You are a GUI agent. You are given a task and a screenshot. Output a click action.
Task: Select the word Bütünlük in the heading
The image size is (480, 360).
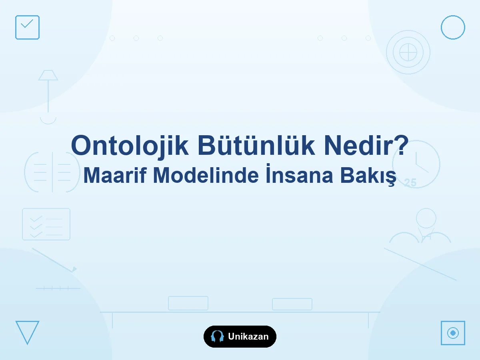pos(256,145)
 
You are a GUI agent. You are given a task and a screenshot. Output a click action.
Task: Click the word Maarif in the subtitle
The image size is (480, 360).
pos(115,175)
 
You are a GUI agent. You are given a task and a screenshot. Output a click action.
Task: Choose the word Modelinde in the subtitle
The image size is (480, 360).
pos(206,175)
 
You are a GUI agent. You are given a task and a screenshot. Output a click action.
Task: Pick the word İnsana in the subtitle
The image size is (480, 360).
pos(299,174)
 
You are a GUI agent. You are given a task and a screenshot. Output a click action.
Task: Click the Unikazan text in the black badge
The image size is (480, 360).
pos(248,337)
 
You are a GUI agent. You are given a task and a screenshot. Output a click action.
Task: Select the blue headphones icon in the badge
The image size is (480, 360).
pos(217,336)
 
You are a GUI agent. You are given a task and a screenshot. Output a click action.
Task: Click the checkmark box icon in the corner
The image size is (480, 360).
pos(27,27)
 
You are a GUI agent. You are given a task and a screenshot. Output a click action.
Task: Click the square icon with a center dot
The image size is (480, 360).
pos(453,333)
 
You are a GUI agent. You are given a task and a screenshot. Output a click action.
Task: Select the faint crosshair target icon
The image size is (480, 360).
pos(408,52)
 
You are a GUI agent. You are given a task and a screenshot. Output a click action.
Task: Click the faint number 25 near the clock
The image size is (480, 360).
pos(410,183)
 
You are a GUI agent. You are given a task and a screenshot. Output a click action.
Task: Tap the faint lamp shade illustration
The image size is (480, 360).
pos(48,76)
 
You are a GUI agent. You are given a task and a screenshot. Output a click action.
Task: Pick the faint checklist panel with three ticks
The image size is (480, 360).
pos(46,224)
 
